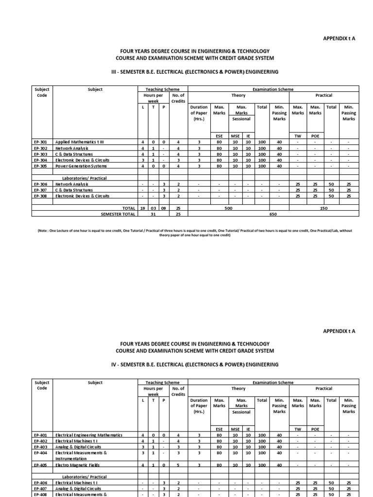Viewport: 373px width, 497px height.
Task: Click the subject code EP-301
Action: tap(40, 142)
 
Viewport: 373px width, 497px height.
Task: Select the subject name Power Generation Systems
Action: tap(80, 165)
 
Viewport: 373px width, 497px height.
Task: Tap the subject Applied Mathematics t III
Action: tap(80, 142)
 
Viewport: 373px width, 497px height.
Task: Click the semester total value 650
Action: tap(272, 213)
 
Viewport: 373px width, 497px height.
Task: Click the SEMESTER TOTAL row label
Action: tap(117, 213)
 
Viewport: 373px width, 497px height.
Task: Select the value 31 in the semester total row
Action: tap(153, 213)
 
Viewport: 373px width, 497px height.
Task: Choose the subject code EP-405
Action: tap(40, 465)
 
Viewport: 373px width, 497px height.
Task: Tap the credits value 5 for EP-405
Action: tap(178, 465)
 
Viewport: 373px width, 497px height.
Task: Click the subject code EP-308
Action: tap(40, 196)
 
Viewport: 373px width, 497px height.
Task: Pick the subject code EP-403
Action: tap(40, 447)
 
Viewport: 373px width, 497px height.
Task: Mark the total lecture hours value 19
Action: tap(143, 207)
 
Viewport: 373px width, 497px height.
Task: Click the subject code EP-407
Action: tap(40, 489)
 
